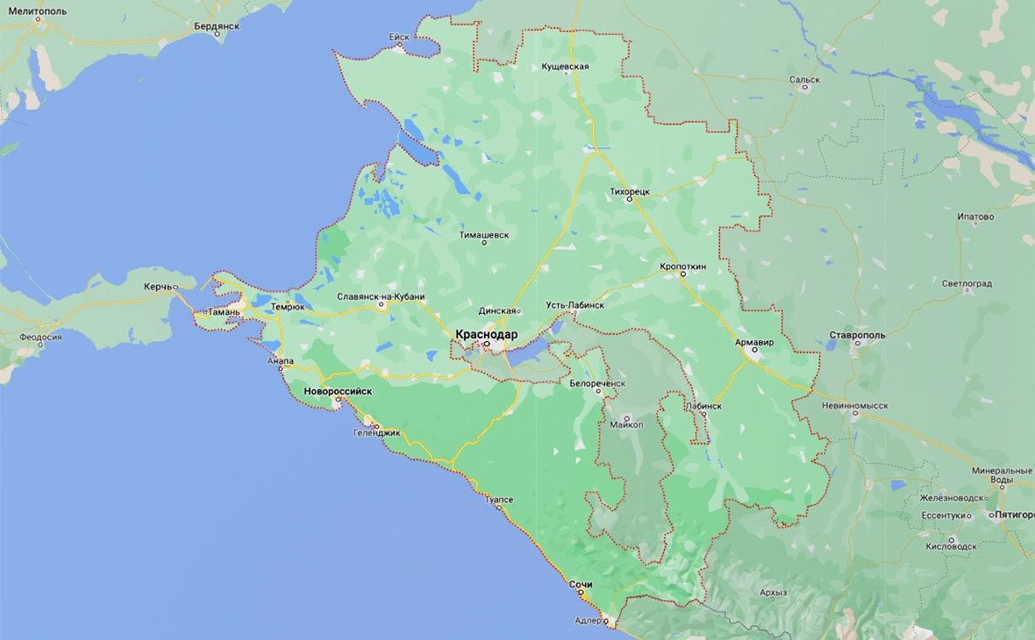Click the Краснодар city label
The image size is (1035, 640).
click(487, 334)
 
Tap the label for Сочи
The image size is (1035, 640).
click(581, 584)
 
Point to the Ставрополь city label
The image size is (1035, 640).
click(857, 335)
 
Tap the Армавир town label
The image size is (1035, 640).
click(754, 342)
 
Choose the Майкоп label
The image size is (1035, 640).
click(626, 424)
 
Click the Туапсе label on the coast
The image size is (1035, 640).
click(498, 499)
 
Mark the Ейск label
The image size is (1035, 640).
click(399, 37)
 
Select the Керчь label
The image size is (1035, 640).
click(158, 287)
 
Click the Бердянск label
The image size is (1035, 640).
click(215, 26)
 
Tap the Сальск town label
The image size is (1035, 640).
click(804, 79)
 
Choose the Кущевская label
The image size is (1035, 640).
click(564, 67)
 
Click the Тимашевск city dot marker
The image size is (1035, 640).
click(484, 243)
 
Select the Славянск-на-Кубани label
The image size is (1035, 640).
click(381, 296)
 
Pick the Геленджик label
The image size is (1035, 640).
click(376, 432)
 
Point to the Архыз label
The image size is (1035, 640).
click(773, 593)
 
